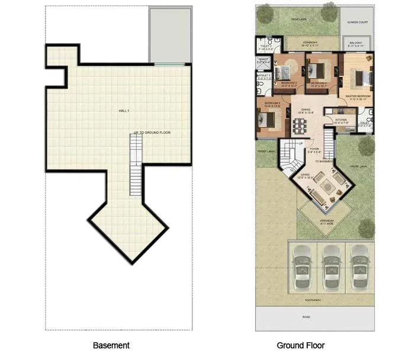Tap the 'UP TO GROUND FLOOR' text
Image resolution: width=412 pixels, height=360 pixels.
pyautogui.click(x=152, y=133)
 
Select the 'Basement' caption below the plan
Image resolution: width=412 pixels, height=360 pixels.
pyautogui.click(x=111, y=345)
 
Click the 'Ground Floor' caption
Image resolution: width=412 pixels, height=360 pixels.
pyautogui.click(x=301, y=345)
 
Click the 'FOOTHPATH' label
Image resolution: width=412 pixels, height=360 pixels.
pyautogui.click(x=314, y=300)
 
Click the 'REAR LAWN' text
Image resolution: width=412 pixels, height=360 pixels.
pyautogui.click(x=298, y=20)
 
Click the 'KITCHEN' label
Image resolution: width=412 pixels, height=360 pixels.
pyautogui.click(x=342, y=120)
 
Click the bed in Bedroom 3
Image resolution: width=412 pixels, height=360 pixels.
pyautogui.click(x=266, y=120)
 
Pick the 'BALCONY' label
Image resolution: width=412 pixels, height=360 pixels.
pyautogui.click(x=356, y=43)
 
